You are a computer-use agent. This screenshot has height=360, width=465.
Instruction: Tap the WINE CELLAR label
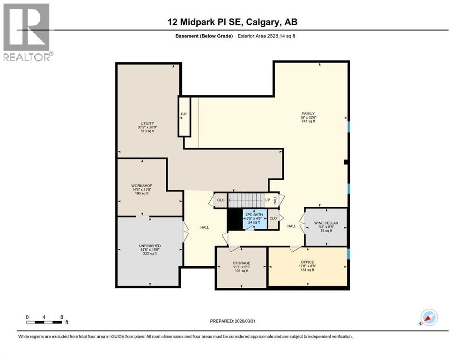326,223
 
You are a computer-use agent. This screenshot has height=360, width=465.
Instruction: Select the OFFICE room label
308,262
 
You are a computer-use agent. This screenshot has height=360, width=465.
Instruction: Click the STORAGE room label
242,263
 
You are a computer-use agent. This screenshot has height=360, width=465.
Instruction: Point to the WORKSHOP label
142,186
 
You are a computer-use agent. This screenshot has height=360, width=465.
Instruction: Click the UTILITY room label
146,123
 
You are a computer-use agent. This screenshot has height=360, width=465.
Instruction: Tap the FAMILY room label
308,113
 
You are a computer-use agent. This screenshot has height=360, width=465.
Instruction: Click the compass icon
428,318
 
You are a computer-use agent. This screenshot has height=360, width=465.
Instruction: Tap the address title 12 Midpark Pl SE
232,22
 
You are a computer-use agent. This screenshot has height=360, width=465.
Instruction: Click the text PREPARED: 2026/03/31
232,322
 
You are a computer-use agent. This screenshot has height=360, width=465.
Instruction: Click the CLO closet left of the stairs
221,200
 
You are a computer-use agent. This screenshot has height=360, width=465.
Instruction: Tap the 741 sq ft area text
308,121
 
